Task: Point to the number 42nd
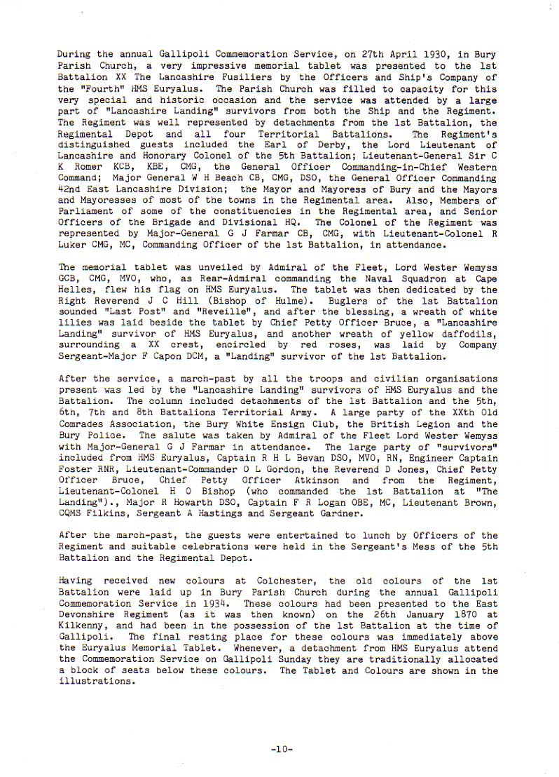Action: [71, 179]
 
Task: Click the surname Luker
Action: [74, 245]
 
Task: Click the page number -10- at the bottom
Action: [280, 750]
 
